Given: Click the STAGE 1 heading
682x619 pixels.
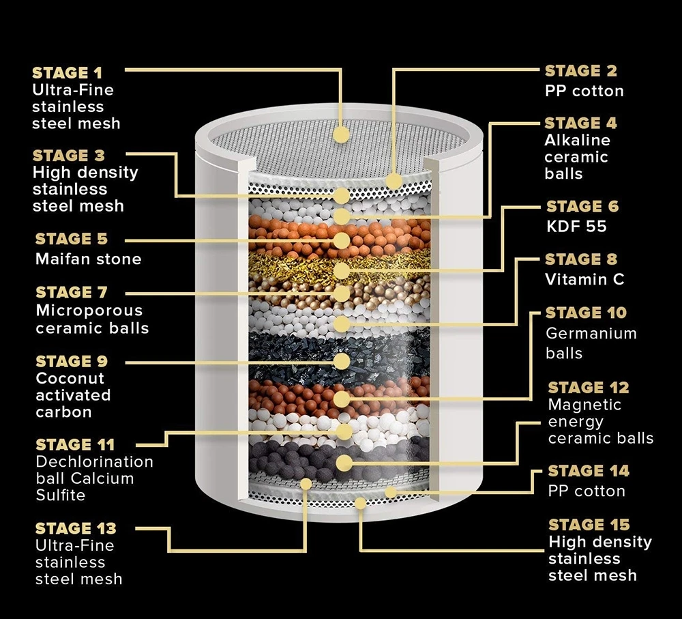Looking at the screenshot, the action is [x=67, y=73].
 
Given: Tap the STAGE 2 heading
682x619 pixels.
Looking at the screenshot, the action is [x=580, y=71].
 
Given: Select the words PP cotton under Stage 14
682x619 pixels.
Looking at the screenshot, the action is [x=587, y=491].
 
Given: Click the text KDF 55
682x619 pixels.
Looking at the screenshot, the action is [x=576, y=227].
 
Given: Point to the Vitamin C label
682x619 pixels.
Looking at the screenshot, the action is [x=584, y=279].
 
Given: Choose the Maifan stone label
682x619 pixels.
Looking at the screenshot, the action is [x=88, y=259].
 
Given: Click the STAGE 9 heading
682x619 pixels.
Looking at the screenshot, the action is [x=72, y=361].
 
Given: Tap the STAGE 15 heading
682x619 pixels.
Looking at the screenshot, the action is [x=589, y=525].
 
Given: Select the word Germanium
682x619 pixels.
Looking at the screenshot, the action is [x=591, y=334].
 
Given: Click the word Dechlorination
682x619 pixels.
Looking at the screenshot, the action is [x=94, y=461].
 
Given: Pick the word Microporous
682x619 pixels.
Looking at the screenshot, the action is [x=89, y=311].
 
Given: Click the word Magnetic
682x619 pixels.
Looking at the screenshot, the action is [x=584, y=405].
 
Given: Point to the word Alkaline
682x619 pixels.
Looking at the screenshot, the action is [x=577, y=140].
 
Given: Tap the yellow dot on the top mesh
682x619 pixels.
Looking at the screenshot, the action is [x=342, y=134].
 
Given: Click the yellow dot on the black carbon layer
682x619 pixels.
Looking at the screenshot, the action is [x=342, y=361].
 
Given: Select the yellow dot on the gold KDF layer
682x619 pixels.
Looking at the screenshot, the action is [x=342, y=271].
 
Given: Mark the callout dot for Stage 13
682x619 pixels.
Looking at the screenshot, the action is [x=306, y=484].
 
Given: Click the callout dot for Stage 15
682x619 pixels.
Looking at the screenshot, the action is [x=360, y=503].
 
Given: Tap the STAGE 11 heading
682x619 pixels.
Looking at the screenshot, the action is [x=75, y=445].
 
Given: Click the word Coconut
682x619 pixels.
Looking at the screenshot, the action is [x=70, y=378].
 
